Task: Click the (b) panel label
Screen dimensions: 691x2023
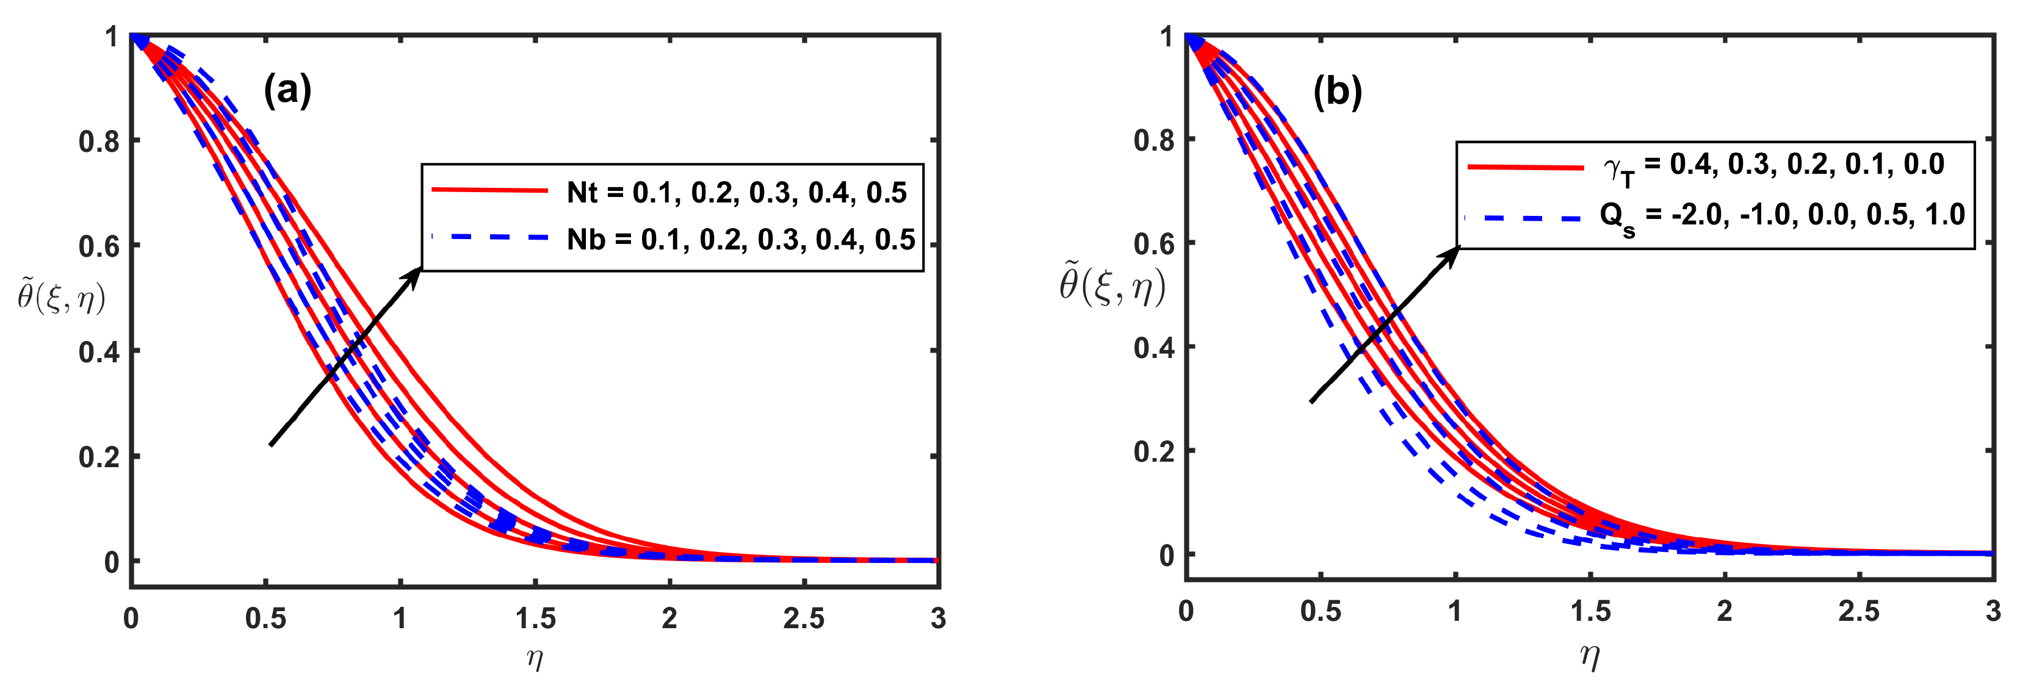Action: (1338, 93)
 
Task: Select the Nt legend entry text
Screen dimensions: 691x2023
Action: (736, 192)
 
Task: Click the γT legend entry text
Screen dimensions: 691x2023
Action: (1773, 166)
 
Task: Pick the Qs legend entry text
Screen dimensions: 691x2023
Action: (1781, 216)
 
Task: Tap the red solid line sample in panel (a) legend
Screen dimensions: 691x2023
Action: (489, 191)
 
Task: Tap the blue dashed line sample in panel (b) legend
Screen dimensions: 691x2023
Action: (1524, 218)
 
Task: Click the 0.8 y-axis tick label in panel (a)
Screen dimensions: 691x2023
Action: (99, 141)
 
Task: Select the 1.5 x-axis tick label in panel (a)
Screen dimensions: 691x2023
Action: (536, 619)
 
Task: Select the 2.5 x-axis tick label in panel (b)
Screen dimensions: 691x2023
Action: (1858, 612)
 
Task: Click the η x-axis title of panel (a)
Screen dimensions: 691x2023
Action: (534, 658)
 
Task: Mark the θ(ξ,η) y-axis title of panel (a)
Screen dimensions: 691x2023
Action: (61, 298)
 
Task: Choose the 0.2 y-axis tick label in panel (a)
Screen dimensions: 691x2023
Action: (99, 457)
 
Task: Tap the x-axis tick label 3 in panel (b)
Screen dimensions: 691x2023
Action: (1992, 612)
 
